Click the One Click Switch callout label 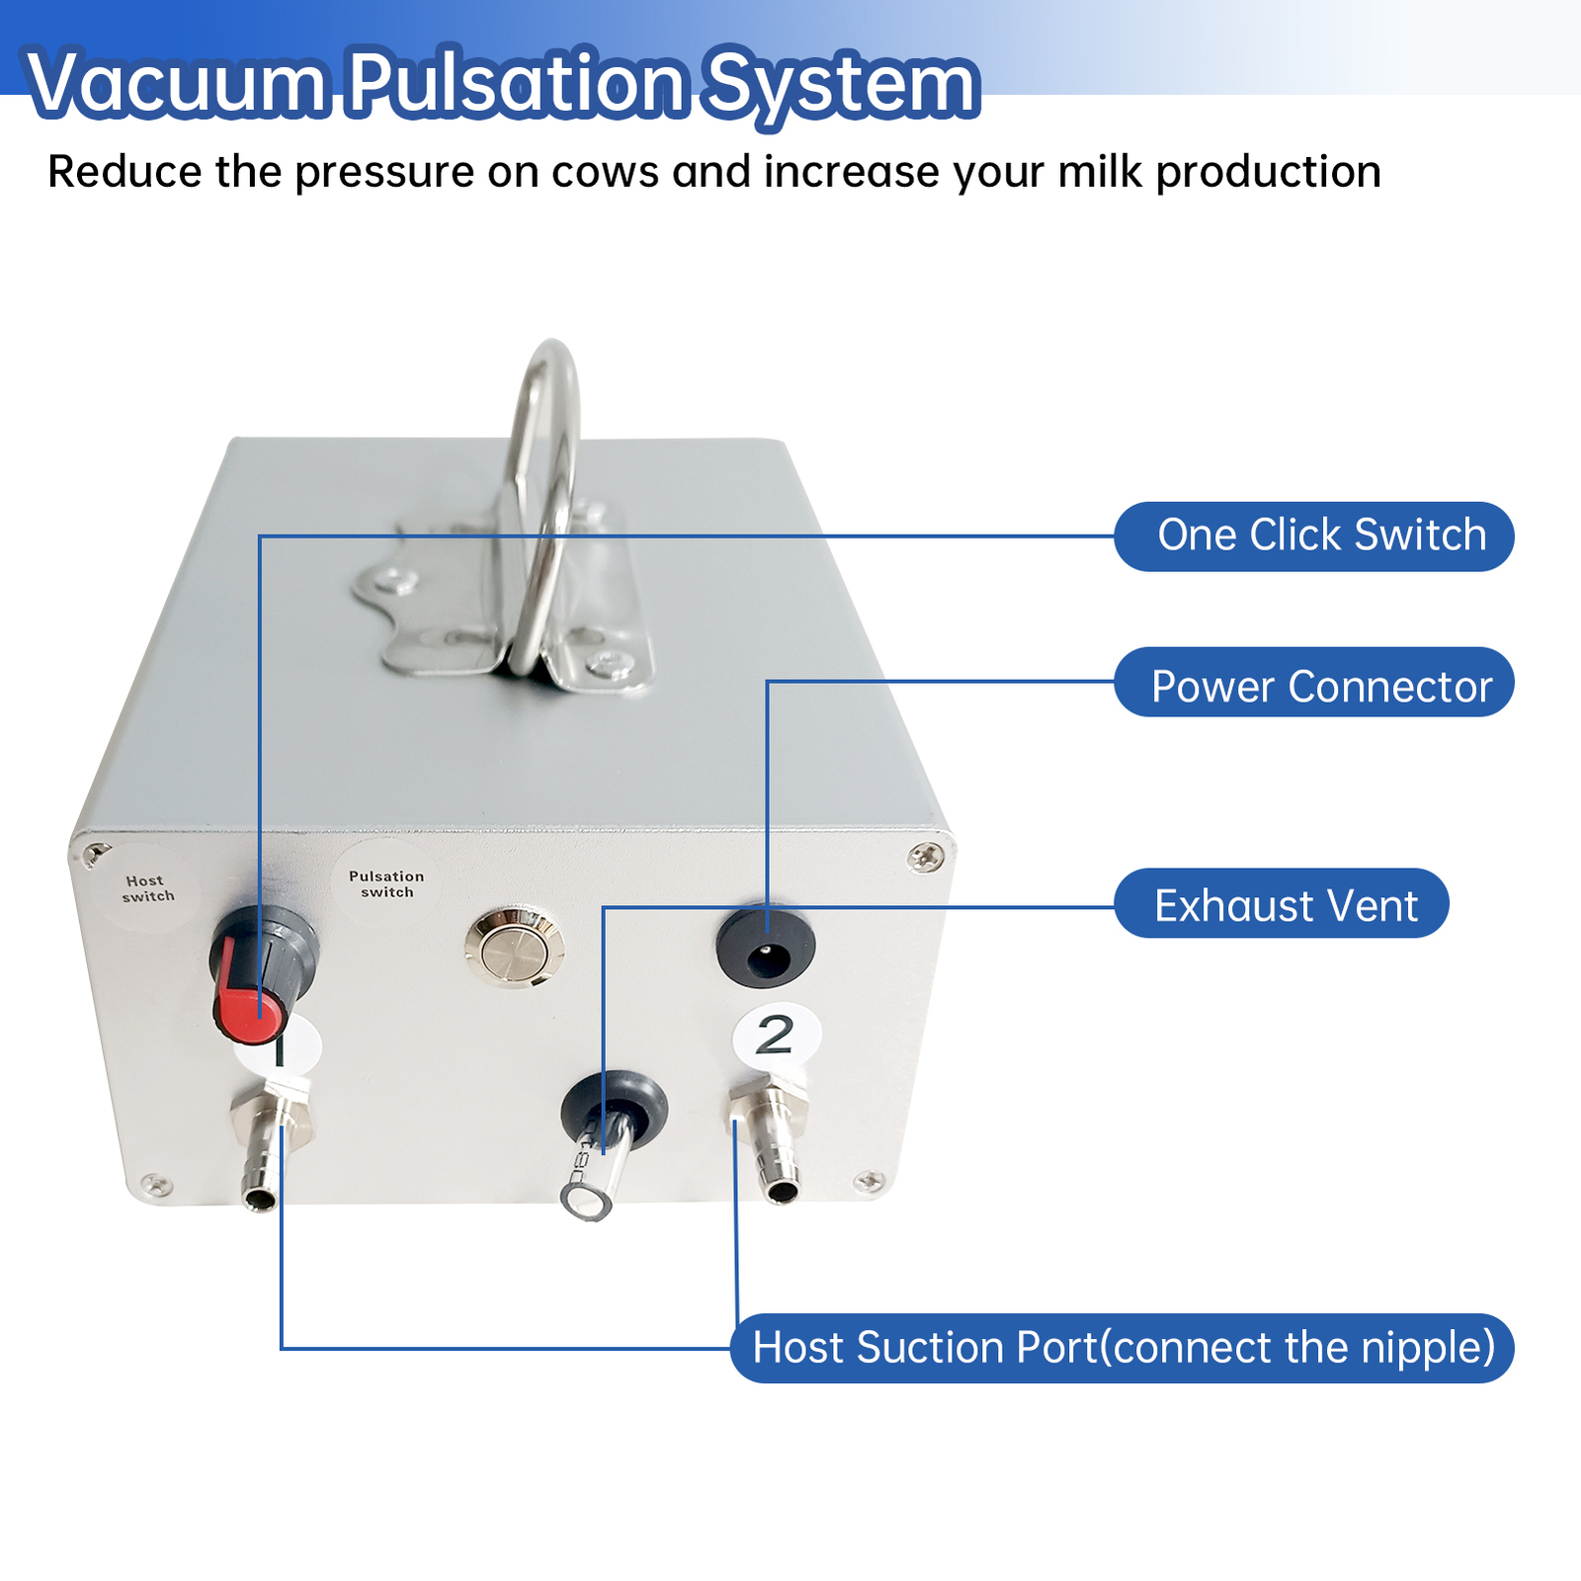coord(1314,537)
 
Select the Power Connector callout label coord(1314,683)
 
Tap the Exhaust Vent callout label coord(1282,904)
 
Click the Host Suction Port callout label coord(1122,1348)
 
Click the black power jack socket coord(766,949)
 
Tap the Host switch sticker coord(148,888)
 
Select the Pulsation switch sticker coord(386,883)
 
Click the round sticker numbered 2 coord(776,1036)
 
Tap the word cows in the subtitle coord(605,172)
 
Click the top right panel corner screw coord(926,856)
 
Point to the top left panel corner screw coord(96,854)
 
